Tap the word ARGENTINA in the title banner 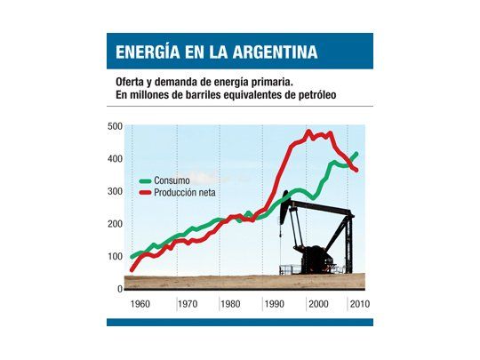tap(269, 52)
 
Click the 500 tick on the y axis tap(114, 126)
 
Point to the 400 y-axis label tap(114, 159)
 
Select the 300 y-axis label tap(114, 191)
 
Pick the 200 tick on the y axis tap(114, 224)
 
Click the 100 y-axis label tap(114, 257)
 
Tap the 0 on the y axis tap(118, 289)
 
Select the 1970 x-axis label tap(186, 304)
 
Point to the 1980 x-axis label tap(230, 304)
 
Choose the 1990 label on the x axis tap(273, 304)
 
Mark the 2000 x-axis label tap(318, 304)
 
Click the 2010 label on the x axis tap(360, 304)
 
